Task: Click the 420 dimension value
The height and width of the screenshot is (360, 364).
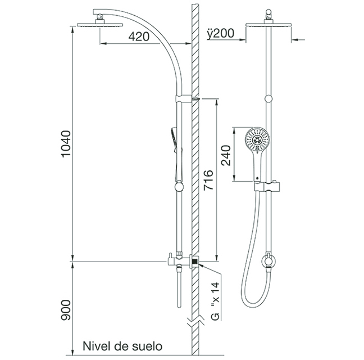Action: pos(139,36)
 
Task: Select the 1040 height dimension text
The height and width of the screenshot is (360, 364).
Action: pos(66,144)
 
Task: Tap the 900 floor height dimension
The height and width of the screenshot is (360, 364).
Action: pos(66,310)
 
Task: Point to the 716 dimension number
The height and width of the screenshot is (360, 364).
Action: pos(208,180)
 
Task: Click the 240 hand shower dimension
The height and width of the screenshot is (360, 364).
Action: pos(226,155)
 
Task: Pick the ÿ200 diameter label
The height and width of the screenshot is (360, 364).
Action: pos(221,33)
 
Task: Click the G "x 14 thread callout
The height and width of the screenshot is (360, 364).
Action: pos(216,301)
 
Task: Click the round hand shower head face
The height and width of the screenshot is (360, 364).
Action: pos(257,139)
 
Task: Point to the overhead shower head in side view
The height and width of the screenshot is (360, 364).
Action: pos(100,24)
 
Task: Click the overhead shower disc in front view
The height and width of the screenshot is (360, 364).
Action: pos(269,25)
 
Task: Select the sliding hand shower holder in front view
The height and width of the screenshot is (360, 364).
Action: pos(267,186)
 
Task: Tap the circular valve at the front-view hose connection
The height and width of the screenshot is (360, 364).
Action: pos(269,261)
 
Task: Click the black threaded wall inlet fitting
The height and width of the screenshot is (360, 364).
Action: pos(195,262)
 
